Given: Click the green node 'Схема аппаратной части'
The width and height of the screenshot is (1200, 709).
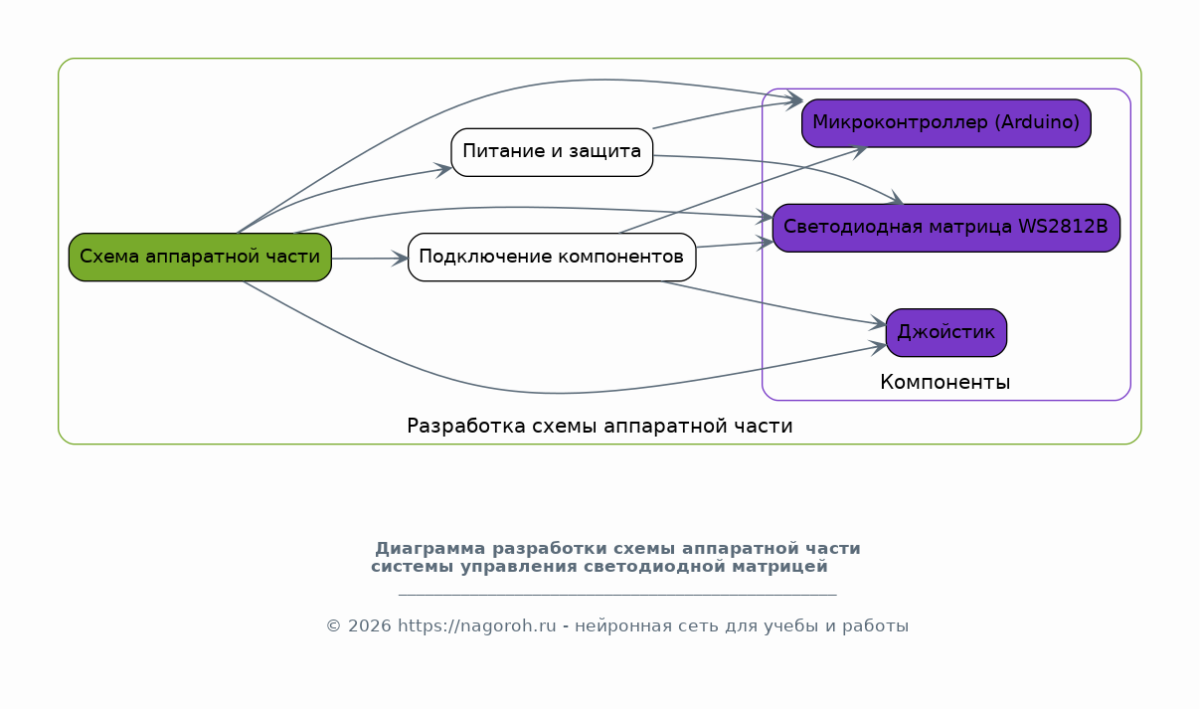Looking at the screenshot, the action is click(x=200, y=257).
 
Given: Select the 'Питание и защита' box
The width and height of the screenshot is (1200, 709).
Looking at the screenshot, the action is click(x=552, y=152).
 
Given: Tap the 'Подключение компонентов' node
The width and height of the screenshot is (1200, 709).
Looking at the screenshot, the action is click(x=552, y=257).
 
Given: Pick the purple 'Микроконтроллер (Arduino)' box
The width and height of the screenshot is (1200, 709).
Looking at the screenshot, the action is click(x=946, y=123).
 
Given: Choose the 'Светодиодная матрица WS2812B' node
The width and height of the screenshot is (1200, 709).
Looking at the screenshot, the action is click(x=946, y=228).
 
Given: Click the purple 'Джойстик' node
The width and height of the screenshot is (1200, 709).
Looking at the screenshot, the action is click(x=946, y=332).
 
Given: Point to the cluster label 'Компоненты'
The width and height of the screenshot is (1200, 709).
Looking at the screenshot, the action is click(x=945, y=382).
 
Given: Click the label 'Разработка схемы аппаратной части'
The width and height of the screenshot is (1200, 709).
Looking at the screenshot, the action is click(x=600, y=426).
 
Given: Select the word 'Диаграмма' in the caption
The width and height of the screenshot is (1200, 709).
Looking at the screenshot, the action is click(x=430, y=549).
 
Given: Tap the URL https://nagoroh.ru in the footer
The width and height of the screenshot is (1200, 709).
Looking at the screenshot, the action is click(x=477, y=625).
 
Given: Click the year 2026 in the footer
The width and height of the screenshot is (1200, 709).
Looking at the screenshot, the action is click(x=370, y=625).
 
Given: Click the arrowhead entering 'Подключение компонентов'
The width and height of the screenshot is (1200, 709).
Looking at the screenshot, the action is click(x=401, y=259).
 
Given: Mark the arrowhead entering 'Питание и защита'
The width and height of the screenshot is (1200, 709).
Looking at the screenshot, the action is click(x=444, y=170).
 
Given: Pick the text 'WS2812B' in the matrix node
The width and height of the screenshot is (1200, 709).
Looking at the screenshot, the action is click(x=1063, y=226).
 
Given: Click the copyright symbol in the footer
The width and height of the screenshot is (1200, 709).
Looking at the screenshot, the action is click(x=334, y=625).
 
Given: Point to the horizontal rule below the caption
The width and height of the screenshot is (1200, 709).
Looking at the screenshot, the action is click(x=617, y=595).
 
